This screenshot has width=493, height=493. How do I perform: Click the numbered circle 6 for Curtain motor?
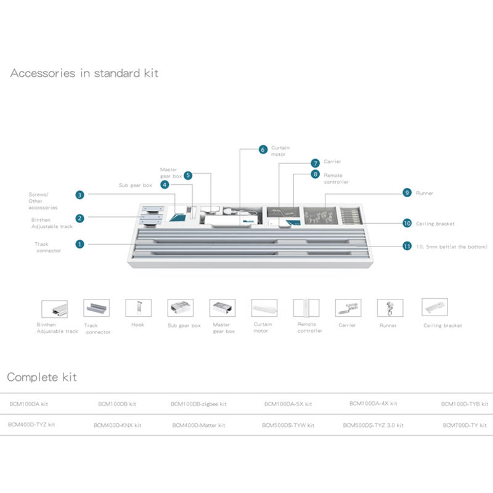pos(263,150)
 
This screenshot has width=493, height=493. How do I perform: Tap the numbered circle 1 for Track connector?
pos(79,244)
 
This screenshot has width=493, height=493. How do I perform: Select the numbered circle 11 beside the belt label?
pos(407,246)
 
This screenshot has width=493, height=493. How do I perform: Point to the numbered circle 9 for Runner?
pos(407,193)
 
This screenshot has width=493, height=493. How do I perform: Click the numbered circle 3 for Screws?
pos(80,195)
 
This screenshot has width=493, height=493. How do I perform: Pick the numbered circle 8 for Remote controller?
pos(316,174)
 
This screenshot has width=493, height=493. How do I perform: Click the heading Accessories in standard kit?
pos(84,73)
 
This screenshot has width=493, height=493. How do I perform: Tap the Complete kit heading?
pos(42,377)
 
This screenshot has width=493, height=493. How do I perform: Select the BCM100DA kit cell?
pos(29,404)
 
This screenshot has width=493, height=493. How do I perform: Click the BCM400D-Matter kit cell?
pos(198,425)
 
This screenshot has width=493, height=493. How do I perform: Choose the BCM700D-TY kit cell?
pos(465,425)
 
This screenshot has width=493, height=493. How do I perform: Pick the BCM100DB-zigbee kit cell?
pos(198,404)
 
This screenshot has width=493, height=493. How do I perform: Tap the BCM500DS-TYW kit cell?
pos(288,425)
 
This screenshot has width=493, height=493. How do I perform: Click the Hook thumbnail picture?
pos(138,308)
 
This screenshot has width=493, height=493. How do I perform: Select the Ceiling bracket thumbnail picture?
pos(434,308)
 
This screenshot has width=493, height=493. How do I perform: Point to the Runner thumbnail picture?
pos(388,308)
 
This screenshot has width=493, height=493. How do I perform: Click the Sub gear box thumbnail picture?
pos(180,308)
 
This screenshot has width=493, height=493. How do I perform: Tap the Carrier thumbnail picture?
pos(348,308)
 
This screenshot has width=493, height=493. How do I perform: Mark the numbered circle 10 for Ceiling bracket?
pos(407,223)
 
